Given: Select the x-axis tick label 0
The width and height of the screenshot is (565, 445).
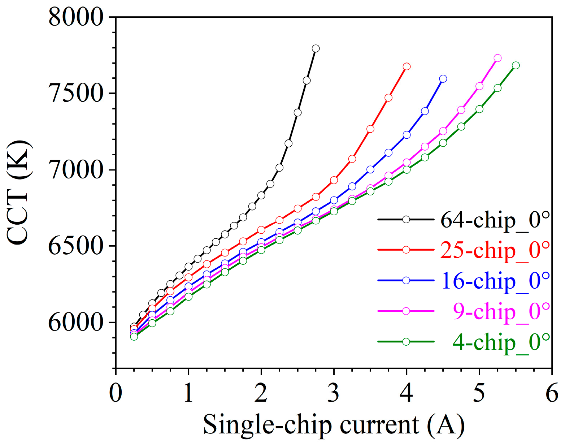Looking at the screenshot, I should [116, 393].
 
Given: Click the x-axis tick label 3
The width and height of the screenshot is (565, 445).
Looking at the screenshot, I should [334, 393].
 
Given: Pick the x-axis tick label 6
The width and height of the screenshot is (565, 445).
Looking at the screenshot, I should [552, 393].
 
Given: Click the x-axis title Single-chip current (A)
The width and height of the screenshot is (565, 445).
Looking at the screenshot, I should [334, 425].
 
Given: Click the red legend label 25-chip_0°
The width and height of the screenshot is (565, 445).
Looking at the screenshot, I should [495, 250].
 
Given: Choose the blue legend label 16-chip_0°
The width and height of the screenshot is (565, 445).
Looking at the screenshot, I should [495, 281].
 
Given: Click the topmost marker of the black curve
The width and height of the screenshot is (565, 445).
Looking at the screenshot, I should [316, 48].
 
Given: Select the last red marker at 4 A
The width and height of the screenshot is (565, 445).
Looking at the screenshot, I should [407, 66].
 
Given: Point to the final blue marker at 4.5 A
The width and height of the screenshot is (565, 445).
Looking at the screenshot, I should [443, 79].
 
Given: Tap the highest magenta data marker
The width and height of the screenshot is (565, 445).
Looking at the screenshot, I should [497, 58].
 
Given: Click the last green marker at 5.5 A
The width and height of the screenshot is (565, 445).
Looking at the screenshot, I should [516, 65].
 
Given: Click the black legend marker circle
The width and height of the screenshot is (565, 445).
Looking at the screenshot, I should [406, 220].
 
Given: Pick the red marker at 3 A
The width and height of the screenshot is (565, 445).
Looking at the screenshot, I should [334, 180].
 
